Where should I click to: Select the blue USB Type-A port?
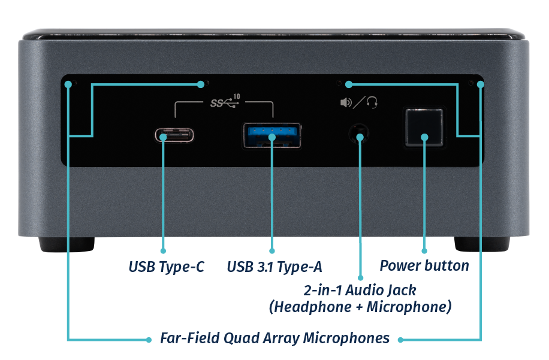(272, 135)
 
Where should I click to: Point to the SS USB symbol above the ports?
(223, 102)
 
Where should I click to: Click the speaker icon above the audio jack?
(346, 103)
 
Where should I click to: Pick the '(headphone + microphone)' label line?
(360, 308)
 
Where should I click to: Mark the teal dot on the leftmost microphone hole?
(69, 84)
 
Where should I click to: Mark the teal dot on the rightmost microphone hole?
(479, 84)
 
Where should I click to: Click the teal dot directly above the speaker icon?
(348, 84)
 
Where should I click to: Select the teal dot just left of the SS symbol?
(200, 84)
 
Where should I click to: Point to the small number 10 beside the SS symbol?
(236, 96)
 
